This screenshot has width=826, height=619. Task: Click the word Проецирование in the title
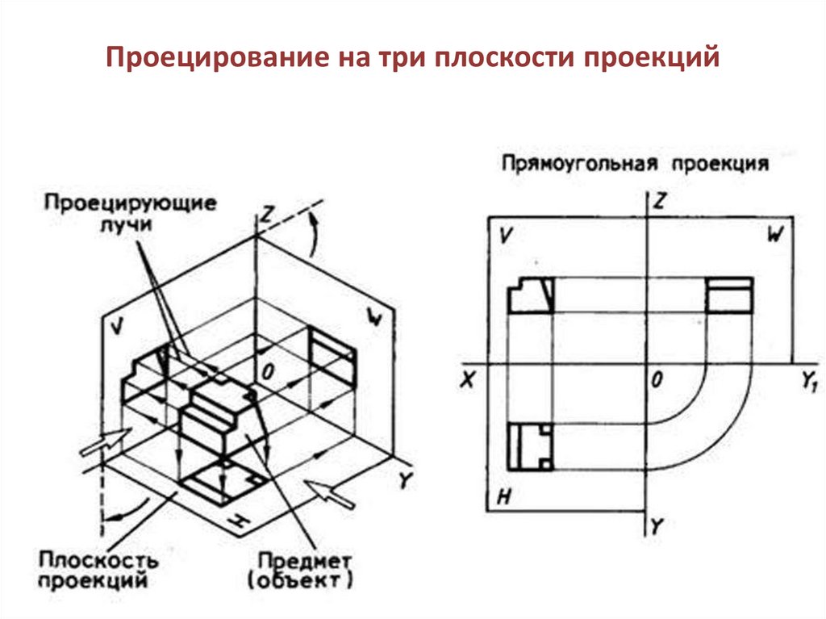point(202,58)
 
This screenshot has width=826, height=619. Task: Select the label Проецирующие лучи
point(130,212)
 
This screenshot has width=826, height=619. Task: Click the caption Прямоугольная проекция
point(633,163)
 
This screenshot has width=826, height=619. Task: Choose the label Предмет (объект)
point(304,569)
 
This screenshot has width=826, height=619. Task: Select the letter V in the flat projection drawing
point(507,236)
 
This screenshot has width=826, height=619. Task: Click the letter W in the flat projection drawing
point(774,235)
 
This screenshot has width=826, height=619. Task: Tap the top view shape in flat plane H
point(530,447)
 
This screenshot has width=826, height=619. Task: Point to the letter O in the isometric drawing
point(268,369)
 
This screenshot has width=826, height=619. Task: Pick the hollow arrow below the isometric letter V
point(105,441)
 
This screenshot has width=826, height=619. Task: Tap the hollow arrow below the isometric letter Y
point(332,493)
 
